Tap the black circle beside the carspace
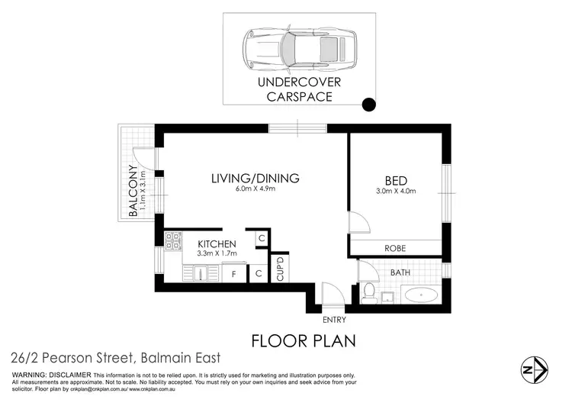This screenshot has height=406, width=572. click(368, 105)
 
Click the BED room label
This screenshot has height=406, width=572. click(394, 180)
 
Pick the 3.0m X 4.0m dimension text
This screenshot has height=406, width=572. click(396, 192)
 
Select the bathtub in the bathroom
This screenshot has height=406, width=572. click(419, 295)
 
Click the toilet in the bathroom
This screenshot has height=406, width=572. click(368, 292)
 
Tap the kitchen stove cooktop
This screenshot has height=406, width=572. click(172, 242)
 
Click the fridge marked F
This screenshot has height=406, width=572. click(233, 272)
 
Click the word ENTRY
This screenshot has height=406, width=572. click(334, 320)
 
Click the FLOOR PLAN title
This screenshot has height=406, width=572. click(303, 339)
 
